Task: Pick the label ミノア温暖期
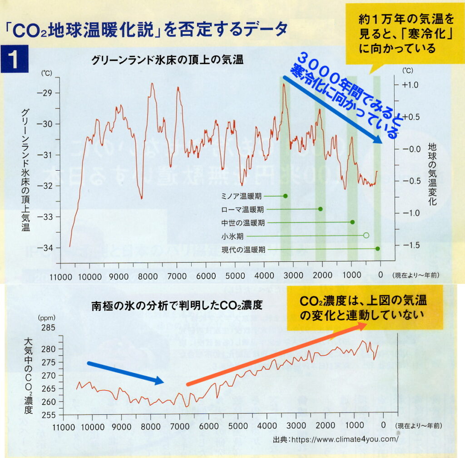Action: click(241, 197)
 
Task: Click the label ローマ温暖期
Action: click(242, 210)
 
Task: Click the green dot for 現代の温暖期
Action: click(377, 249)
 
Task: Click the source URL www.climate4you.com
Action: click(344, 439)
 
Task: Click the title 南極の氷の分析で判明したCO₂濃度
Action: click(177, 305)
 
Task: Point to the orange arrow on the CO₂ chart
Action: click(277, 354)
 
